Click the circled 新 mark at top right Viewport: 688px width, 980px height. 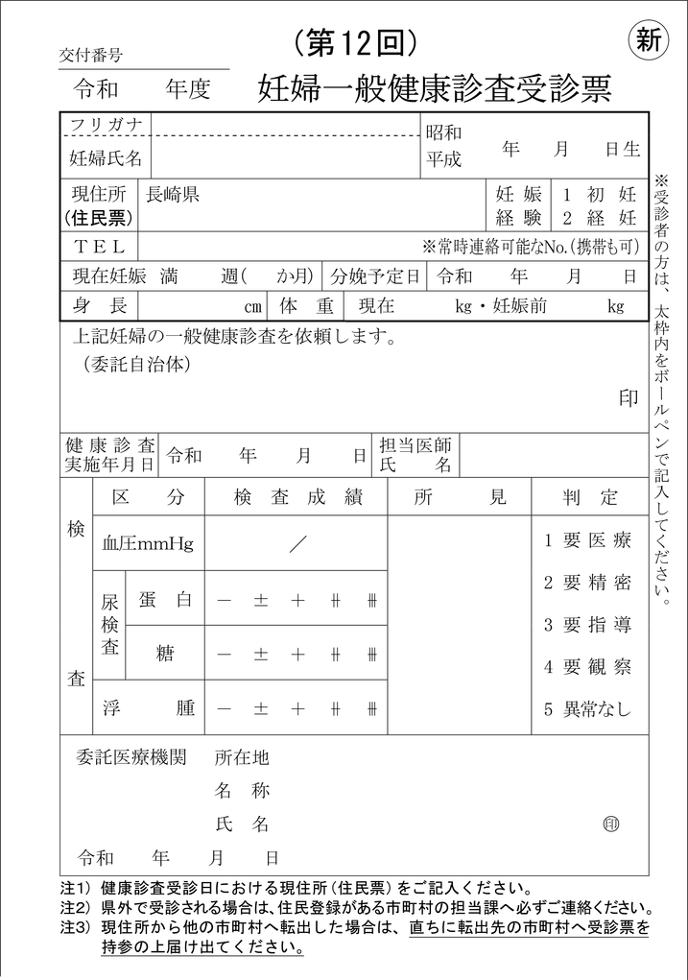click(x=649, y=40)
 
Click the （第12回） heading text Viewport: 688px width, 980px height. click(x=354, y=41)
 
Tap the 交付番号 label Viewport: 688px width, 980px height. click(x=91, y=55)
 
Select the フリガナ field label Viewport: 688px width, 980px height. click(x=106, y=125)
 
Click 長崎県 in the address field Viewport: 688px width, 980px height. click(x=173, y=194)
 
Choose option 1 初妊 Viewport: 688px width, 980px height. click(x=600, y=194)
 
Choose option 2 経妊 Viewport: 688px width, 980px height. click(x=600, y=217)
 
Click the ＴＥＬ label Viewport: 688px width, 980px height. click(x=100, y=247)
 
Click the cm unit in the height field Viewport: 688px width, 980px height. click(x=252, y=307)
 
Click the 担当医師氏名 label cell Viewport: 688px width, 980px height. click(x=415, y=455)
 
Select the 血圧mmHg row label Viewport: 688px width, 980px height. click(x=148, y=544)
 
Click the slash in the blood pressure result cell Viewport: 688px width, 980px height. click(x=297, y=544)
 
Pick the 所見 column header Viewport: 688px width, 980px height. click(x=459, y=497)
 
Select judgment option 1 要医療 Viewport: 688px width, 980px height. click(x=588, y=540)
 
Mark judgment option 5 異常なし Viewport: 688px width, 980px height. click(x=588, y=710)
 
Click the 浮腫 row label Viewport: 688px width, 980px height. click(x=148, y=709)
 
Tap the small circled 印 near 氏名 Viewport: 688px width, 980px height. click(x=610, y=824)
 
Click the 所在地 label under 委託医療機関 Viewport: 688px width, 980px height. click(x=242, y=758)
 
